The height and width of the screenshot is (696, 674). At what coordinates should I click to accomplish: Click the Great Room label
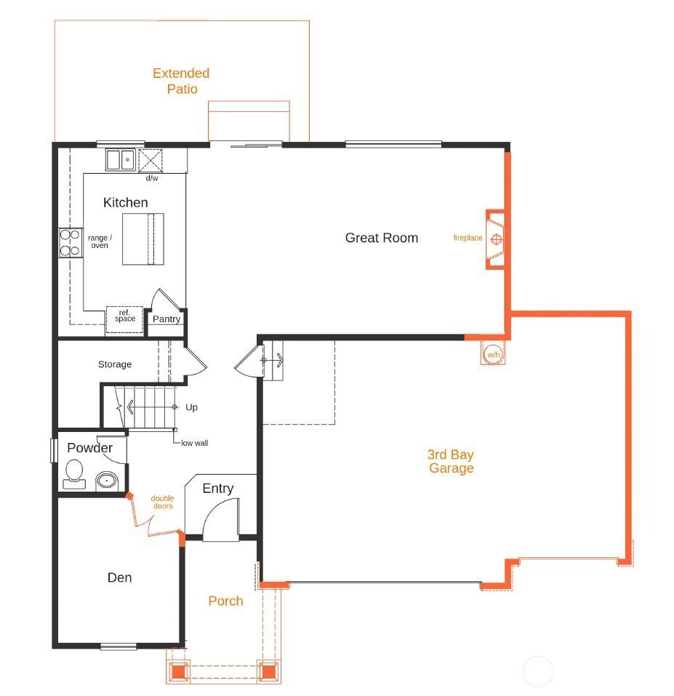coord(381,238)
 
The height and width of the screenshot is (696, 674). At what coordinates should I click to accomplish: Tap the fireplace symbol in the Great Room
coord(497,239)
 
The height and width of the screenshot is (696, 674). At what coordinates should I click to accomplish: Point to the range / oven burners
coord(70,243)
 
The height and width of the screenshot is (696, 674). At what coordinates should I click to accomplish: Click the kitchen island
coord(143,239)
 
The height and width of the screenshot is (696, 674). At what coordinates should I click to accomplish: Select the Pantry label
coord(167,319)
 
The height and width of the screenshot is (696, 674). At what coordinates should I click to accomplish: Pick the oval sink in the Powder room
coord(107,481)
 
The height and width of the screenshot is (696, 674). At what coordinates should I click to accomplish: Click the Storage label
coord(115,364)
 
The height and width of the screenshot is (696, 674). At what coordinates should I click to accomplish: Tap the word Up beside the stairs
coord(192,407)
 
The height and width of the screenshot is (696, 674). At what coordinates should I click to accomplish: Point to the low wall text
coord(194,443)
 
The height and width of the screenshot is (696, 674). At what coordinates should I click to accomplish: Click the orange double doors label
coord(162,502)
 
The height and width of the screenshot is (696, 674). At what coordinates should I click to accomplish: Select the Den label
coord(120,577)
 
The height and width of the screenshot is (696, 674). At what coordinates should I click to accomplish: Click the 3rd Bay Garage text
coord(451,461)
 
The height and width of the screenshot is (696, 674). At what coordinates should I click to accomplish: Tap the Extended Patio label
coord(181,81)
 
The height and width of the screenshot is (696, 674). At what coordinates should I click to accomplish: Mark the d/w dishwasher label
coord(151,178)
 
